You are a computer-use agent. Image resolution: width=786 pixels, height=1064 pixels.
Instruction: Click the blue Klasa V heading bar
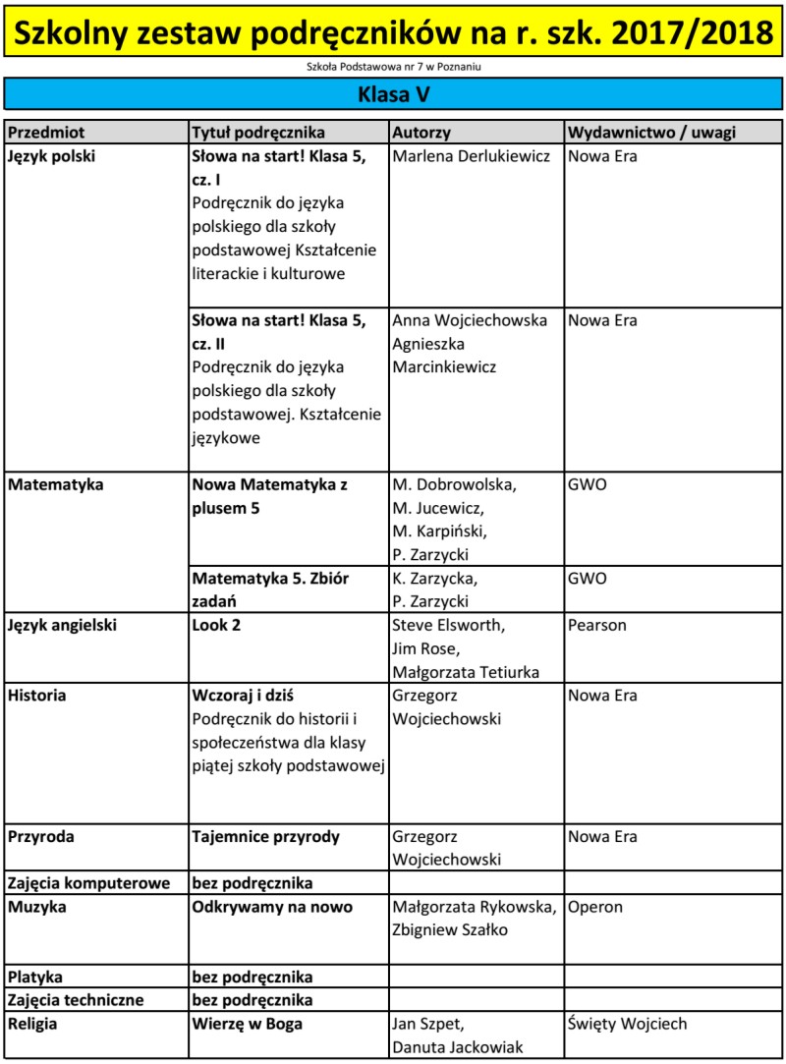[x=393, y=95]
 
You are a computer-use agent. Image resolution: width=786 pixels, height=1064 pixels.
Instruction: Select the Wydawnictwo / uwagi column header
[x=651, y=132]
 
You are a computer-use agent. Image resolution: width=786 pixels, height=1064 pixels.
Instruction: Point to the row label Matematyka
[x=54, y=484]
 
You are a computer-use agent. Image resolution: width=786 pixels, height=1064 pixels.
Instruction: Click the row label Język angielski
[x=62, y=625]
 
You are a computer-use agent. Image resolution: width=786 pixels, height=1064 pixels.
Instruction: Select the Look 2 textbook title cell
[x=216, y=625]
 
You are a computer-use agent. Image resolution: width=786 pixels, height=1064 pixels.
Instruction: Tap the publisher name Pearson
[x=596, y=625]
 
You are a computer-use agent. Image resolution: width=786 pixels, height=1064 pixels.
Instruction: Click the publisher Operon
[x=595, y=907]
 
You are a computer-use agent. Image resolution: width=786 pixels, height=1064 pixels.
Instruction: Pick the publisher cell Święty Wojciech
[x=627, y=1024]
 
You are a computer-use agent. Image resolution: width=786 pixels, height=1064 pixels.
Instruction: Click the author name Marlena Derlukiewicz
[x=471, y=156]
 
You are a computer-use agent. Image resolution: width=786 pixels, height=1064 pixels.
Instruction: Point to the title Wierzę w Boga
[x=247, y=1024]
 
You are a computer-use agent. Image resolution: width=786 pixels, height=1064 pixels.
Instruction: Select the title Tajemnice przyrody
[x=265, y=837]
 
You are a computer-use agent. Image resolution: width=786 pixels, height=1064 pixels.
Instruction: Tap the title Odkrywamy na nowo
[x=272, y=907]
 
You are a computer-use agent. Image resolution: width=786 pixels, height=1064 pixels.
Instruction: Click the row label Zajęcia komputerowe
[x=89, y=883]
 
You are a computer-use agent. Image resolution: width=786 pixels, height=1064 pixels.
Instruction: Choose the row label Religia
[x=33, y=1024]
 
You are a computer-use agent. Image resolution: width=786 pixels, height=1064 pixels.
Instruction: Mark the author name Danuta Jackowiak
[x=457, y=1047]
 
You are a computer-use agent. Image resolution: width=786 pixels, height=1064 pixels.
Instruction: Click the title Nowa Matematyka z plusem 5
[x=270, y=496]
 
